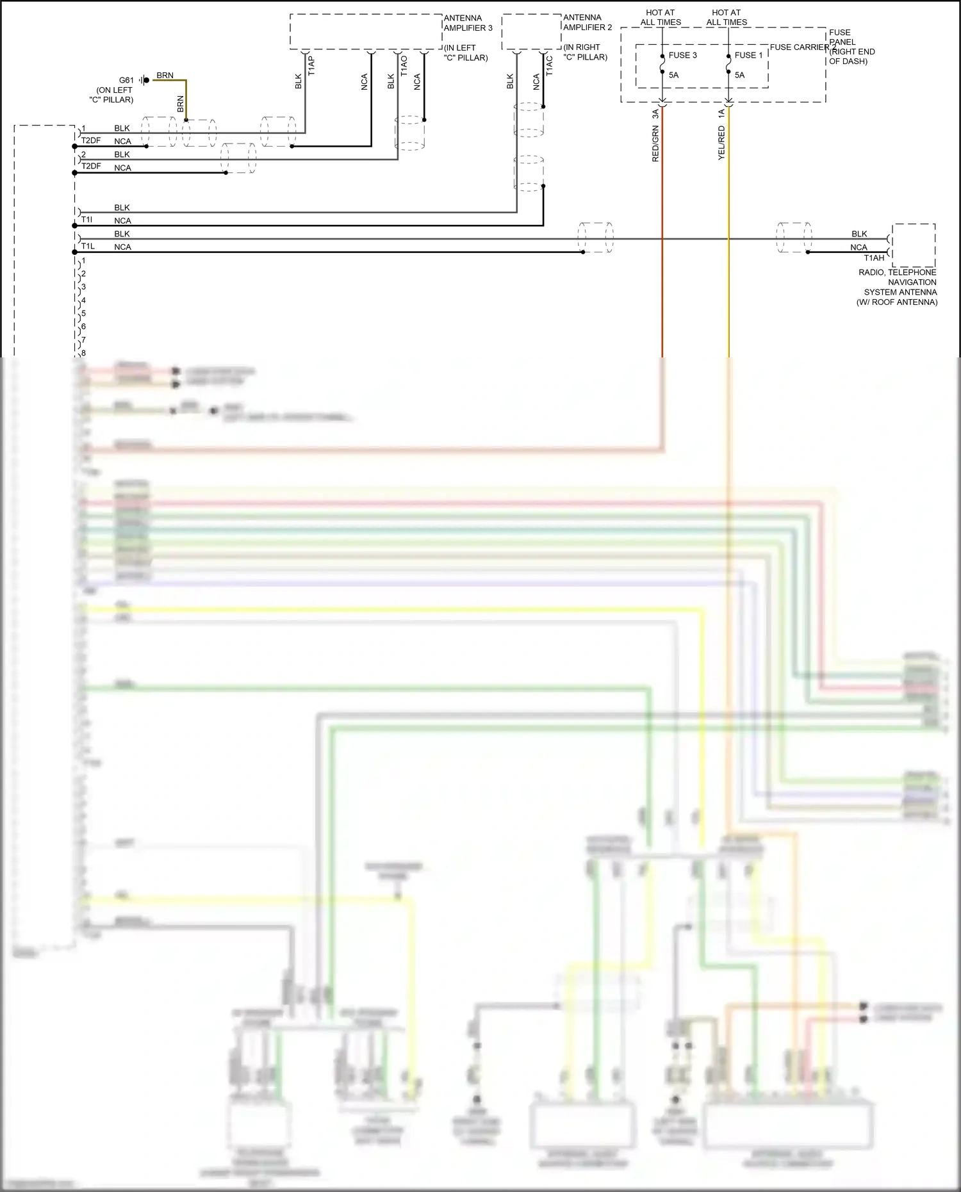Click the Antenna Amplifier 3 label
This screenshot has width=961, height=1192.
[x=468, y=23]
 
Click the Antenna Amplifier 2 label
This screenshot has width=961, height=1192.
[x=587, y=22]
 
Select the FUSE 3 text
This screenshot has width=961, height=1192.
[x=682, y=55]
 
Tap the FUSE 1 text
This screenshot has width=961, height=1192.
[x=748, y=55]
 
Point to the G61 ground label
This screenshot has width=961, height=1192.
[x=126, y=80]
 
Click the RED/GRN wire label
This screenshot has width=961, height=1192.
[x=655, y=144]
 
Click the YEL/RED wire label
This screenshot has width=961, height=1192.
[x=721, y=143]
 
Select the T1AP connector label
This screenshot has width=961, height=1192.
[x=311, y=65]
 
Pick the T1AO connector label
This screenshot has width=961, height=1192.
[x=404, y=65]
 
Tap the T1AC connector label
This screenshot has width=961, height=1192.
[x=549, y=65]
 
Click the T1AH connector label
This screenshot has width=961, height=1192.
[x=874, y=258]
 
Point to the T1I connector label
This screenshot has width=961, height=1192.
[x=86, y=220]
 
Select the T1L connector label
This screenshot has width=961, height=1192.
[x=88, y=246]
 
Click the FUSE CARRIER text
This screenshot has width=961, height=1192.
[x=799, y=47]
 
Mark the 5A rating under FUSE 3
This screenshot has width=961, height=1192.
[x=673, y=75]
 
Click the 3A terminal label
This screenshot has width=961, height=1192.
[x=655, y=114]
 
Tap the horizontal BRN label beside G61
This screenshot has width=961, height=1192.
[x=165, y=75]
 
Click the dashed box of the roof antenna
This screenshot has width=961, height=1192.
[x=914, y=245]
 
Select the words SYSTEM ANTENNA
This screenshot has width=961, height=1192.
[x=900, y=292]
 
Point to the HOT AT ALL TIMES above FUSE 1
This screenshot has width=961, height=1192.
[x=727, y=17]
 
